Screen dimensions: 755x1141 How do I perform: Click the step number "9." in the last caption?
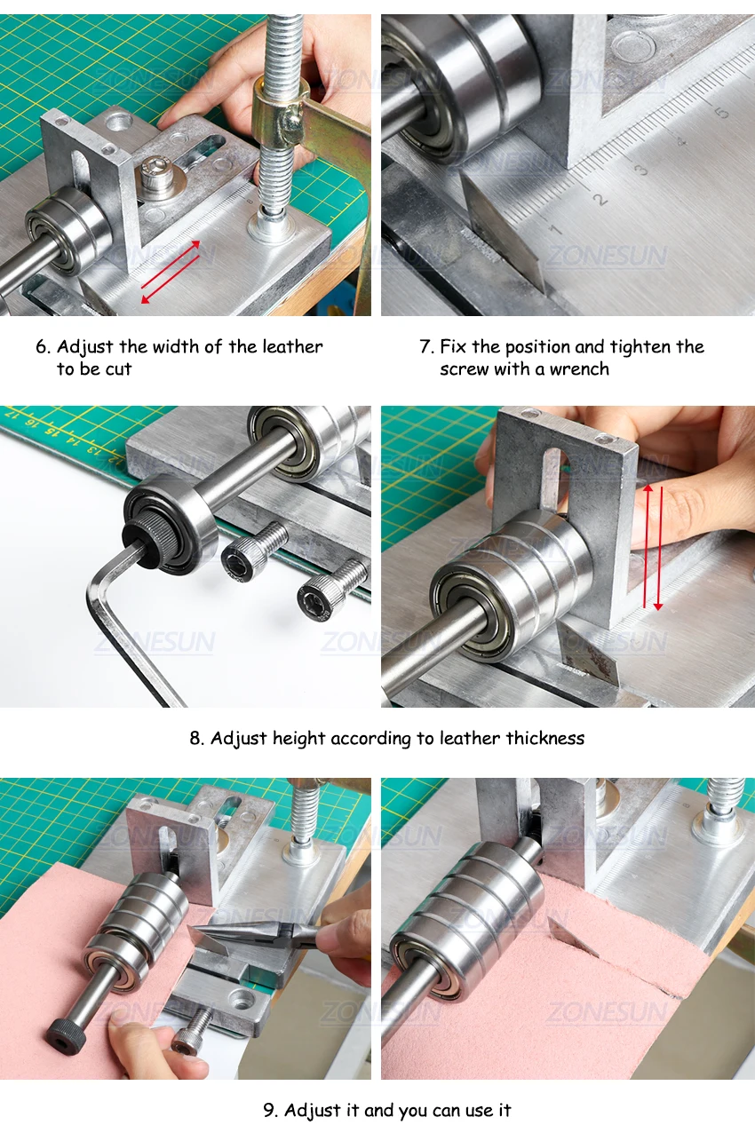click(x=270, y=1111)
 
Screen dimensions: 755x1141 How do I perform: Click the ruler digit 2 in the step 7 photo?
click(x=600, y=199)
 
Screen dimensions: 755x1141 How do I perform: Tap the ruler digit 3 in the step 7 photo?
click(x=642, y=170)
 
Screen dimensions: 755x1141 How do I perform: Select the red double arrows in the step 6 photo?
click(x=171, y=272)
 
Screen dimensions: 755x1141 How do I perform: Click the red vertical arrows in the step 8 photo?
click(x=653, y=548)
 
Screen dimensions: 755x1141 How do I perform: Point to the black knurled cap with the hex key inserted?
click(x=145, y=541)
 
